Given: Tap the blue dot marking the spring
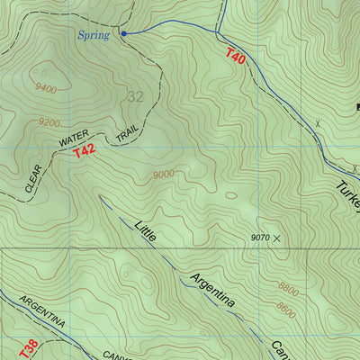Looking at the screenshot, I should tap(124, 33).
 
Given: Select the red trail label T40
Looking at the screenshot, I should tap(234, 57).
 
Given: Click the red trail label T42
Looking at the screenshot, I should tap(84, 152).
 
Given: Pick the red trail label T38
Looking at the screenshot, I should tap(28, 347).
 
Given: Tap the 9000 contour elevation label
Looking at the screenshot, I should tap(164, 175).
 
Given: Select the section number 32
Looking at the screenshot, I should tap(135, 96).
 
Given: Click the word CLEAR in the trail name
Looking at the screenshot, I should tap(32, 180).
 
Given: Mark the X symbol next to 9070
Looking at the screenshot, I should tap(276, 238).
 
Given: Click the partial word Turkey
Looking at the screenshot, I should tap(347, 199).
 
